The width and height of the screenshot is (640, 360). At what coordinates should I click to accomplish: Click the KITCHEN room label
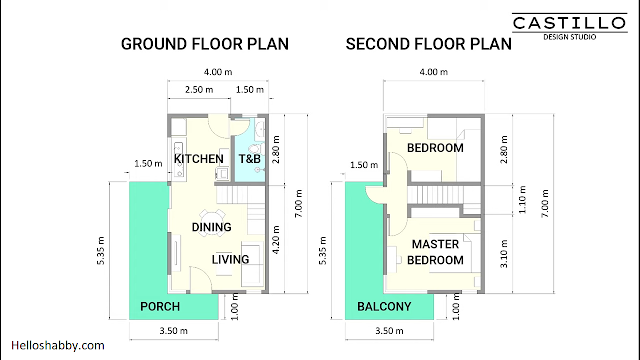tap(199, 159)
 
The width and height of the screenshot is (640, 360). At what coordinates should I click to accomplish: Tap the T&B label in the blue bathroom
tap(249, 159)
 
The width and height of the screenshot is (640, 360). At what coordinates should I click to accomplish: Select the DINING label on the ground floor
tap(211, 227)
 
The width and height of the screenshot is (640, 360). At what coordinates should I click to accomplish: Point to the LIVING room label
tap(230, 260)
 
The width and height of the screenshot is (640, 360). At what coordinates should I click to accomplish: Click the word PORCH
tap(160, 307)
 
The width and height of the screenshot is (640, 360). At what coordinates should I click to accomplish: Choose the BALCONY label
tap(384, 307)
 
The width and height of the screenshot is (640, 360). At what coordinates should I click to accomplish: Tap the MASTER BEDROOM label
tap(435, 252)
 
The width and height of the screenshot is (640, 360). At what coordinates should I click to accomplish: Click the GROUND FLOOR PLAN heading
tap(205, 44)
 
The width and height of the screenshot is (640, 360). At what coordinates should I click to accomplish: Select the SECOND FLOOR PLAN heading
tap(429, 44)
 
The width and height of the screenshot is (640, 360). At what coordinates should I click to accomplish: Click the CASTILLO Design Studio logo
tap(570, 27)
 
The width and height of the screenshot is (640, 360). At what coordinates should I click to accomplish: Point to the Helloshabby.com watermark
tap(58, 346)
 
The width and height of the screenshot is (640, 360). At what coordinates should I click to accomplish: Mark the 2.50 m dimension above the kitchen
tap(199, 89)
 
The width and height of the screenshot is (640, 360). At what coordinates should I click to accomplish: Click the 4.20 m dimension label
tap(276, 240)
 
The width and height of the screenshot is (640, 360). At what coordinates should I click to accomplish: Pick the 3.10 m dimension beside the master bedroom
tap(504, 253)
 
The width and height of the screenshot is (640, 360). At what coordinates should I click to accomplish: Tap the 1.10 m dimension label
tap(522, 199)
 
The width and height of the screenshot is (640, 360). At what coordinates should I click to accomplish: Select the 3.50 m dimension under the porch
tap(173, 331)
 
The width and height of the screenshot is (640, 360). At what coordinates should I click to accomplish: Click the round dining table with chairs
tap(212, 218)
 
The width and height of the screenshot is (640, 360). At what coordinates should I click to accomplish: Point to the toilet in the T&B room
tap(255, 149)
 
